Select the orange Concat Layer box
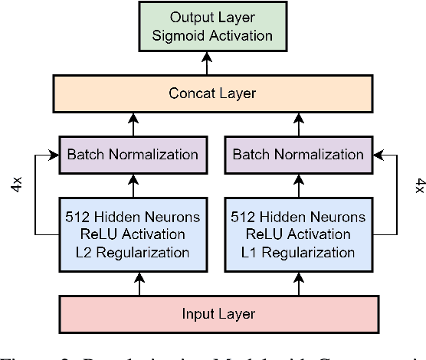click(x=212, y=94)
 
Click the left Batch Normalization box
click(x=133, y=155)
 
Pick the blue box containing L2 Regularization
click(x=133, y=234)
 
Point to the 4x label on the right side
click(x=418, y=186)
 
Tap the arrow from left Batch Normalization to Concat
click(x=133, y=124)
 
